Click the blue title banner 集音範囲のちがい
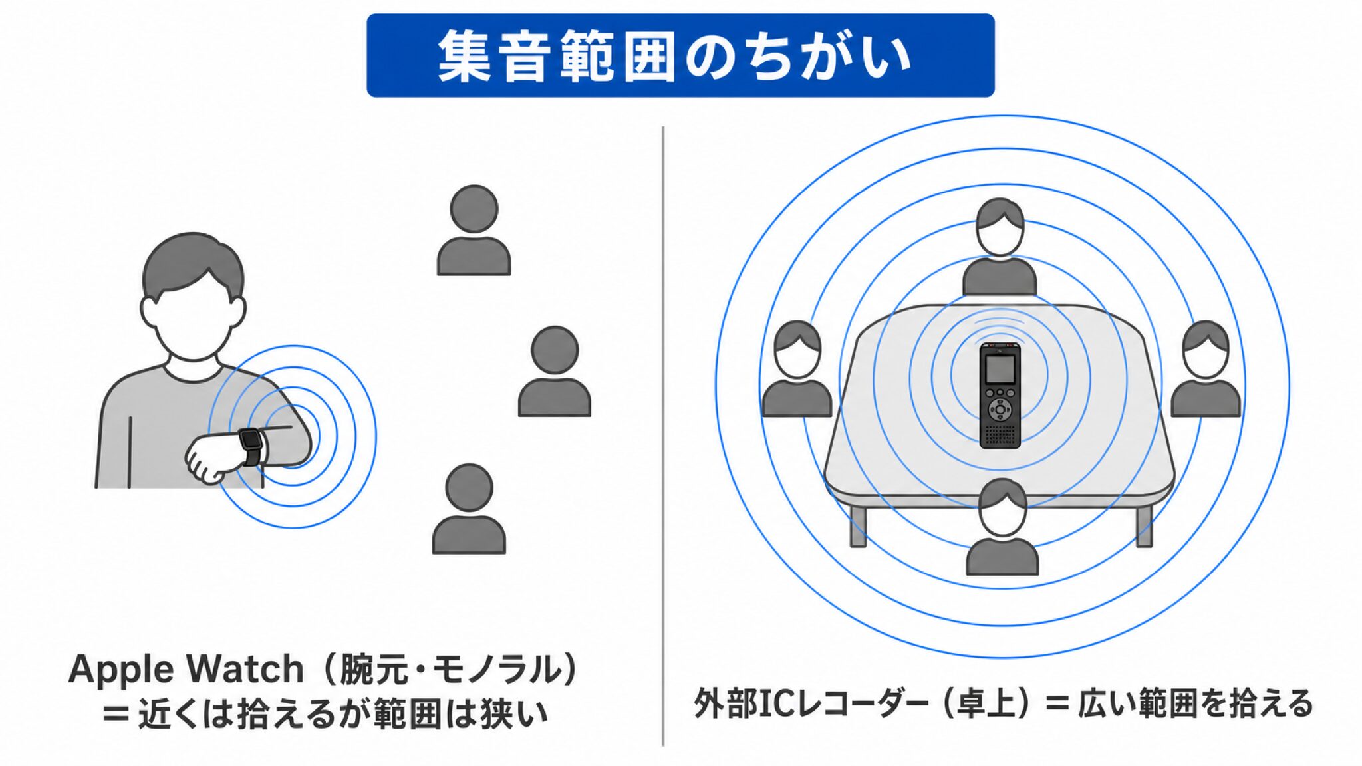680,55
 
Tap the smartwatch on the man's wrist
251,446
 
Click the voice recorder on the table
1000,395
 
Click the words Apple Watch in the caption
186,668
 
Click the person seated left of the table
797,370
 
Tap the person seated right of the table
1205,370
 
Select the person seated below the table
1002,527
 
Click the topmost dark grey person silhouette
474,230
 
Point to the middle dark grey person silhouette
555,372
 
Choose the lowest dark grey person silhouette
469,509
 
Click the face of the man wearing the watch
193,319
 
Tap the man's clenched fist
211,458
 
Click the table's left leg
858,525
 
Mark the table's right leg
1144,525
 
